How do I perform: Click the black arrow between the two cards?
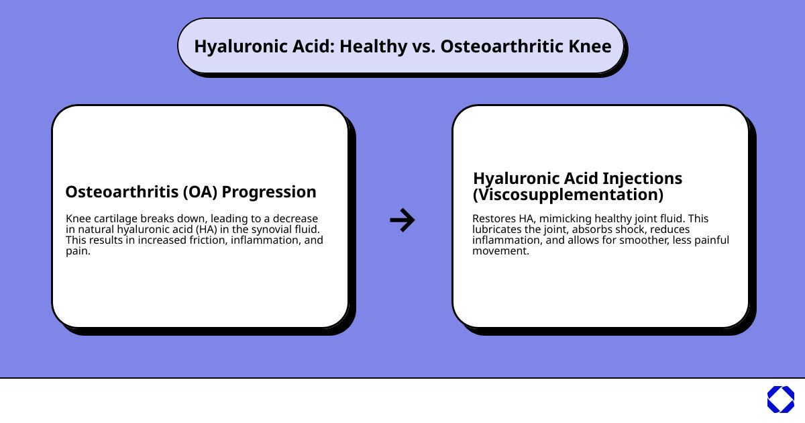click(x=402, y=220)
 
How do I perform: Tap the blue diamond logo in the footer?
click(x=780, y=399)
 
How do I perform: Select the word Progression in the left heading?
click(x=269, y=192)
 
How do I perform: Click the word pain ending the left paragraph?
click(x=77, y=251)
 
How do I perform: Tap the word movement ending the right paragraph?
click(x=500, y=251)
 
